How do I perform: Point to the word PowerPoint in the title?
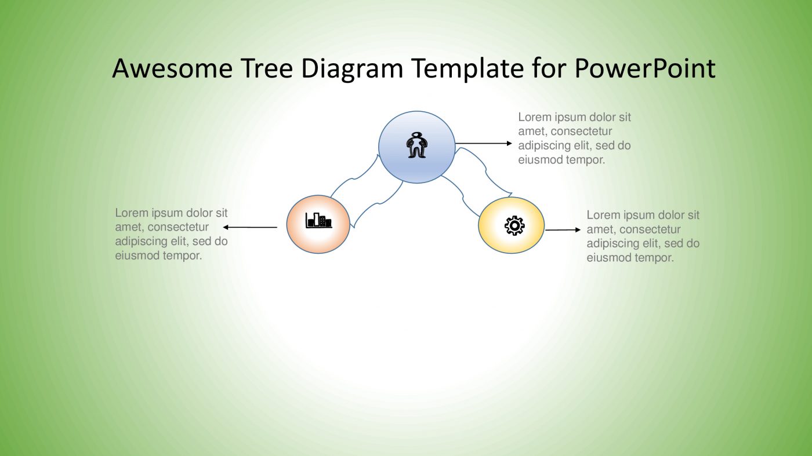pos(645,68)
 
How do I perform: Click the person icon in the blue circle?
pos(416,145)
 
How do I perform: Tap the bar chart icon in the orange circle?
pos(318,220)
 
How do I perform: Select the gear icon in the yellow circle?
pos(514,225)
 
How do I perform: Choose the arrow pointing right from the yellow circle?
pos(562,230)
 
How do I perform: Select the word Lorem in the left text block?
pos(131,213)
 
